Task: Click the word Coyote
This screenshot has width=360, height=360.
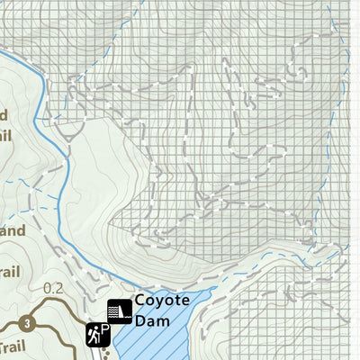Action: click(161, 301)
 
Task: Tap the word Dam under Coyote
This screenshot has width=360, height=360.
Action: click(152, 319)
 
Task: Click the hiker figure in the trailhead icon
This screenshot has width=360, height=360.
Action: click(93, 336)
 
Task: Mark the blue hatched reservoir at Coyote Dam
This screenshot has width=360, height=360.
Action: click(162, 342)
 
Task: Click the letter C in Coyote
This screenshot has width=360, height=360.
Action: click(140, 301)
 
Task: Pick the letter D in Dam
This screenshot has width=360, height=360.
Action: click(141, 319)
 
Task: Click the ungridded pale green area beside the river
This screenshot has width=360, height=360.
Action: click(99, 180)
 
